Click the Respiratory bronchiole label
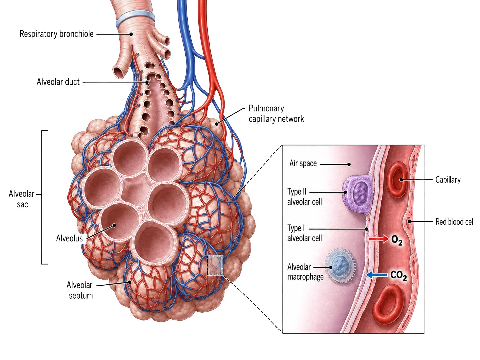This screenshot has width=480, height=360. click(56, 34)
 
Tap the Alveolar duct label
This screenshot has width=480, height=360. click(58, 82)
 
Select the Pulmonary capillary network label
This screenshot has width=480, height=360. click(276, 114)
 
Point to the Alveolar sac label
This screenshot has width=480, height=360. click(22, 199)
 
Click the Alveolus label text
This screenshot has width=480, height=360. click(69, 238)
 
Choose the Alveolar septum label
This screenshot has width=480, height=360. click(80, 290)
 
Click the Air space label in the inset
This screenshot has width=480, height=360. click(303, 163)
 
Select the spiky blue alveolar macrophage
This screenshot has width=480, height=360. click(340, 266)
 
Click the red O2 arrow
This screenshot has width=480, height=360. click(379, 239)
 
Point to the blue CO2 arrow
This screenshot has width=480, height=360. click(376, 275)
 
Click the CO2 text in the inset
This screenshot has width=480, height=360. click(399, 275)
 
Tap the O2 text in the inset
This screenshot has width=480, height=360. click(397, 240)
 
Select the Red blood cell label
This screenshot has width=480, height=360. click(455, 222)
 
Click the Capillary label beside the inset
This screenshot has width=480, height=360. click(448, 180)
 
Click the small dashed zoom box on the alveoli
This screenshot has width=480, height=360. click(215, 265)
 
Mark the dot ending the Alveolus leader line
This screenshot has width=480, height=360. click(114, 225)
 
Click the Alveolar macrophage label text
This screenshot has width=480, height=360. click(305, 272)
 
